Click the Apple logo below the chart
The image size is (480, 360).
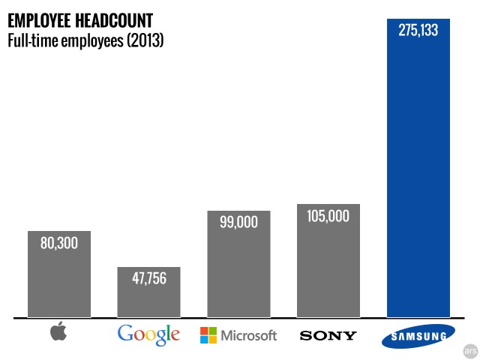point(58,333)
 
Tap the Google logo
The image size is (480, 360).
point(148,334)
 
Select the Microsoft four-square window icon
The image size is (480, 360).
point(208,335)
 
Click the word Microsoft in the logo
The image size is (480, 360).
point(248,335)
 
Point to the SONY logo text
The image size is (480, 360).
point(328,335)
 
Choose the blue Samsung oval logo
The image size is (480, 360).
point(418,337)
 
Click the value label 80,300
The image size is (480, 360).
point(58,243)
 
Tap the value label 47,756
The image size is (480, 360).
point(148,279)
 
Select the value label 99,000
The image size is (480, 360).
point(238,223)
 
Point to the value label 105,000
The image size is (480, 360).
point(328,216)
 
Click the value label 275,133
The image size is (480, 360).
point(418,31)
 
